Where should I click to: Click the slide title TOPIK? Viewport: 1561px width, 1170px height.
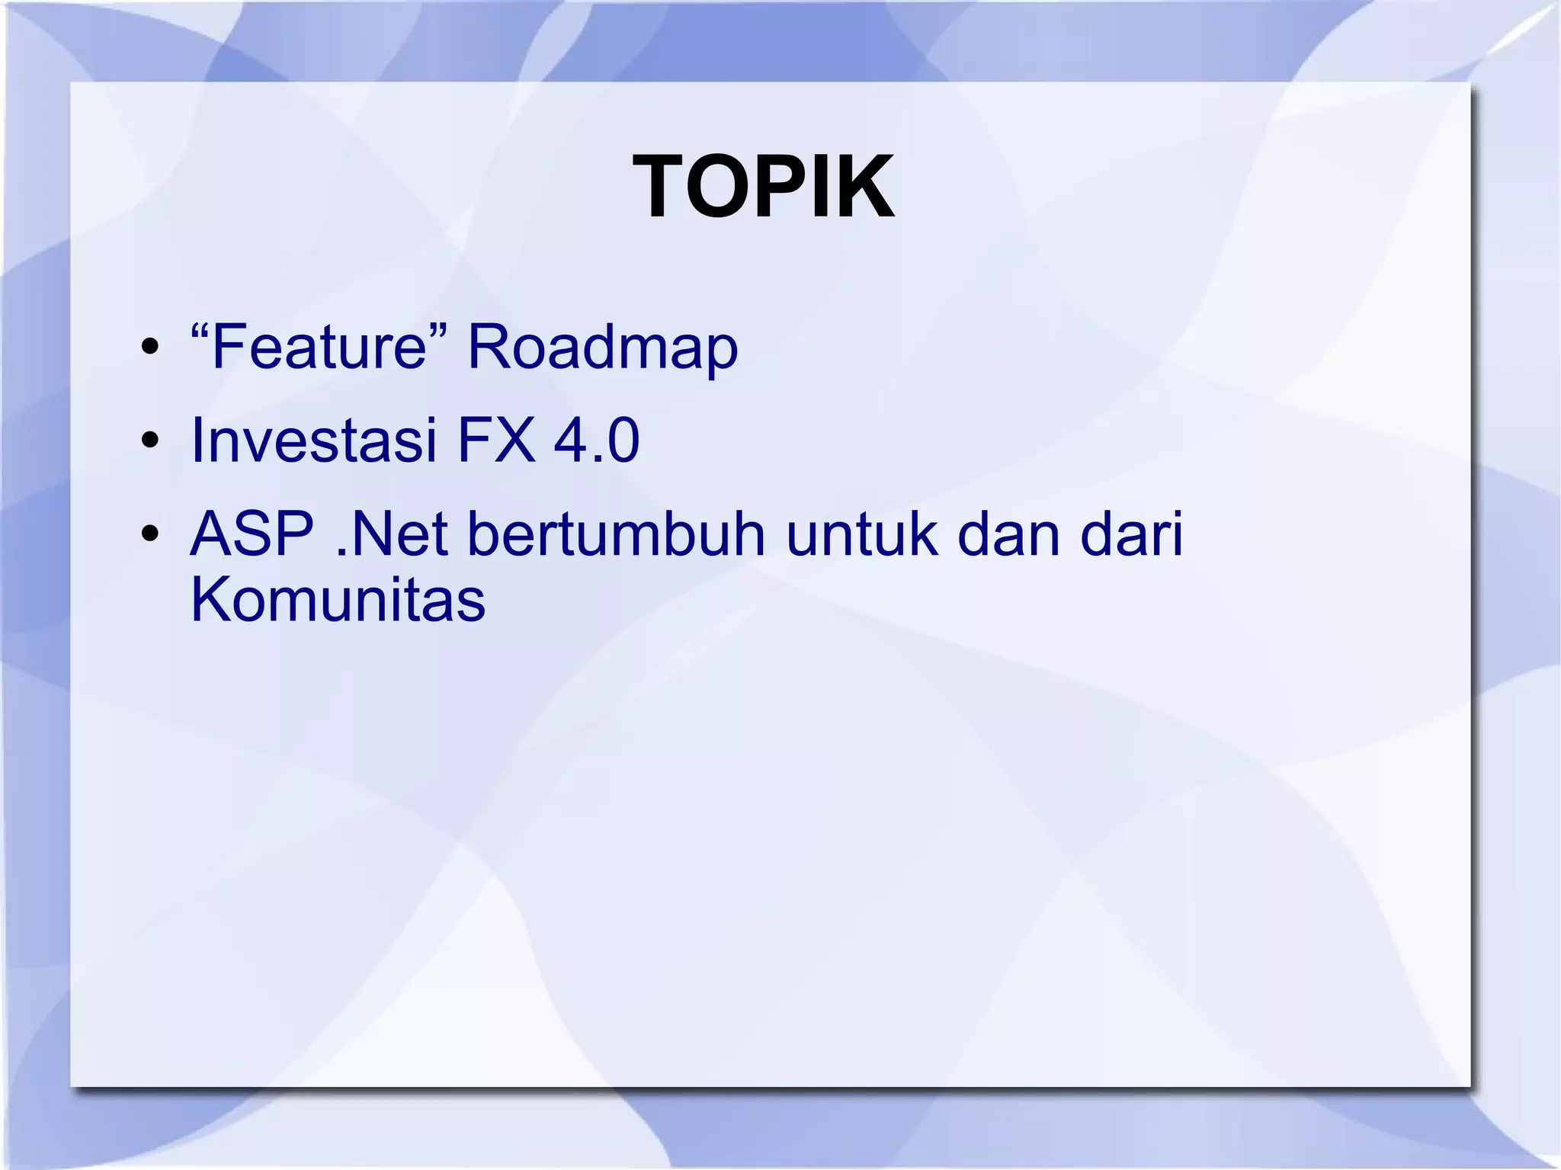(x=764, y=187)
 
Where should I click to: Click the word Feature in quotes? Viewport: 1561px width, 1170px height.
(x=319, y=348)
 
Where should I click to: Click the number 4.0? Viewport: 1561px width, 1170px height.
(x=596, y=441)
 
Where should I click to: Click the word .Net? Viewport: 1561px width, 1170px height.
(x=392, y=534)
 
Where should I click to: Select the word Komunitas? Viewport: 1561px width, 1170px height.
(x=338, y=600)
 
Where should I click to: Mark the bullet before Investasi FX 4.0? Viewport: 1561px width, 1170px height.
(x=150, y=441)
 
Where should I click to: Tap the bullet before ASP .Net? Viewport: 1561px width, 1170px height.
(x=150, y=534)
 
